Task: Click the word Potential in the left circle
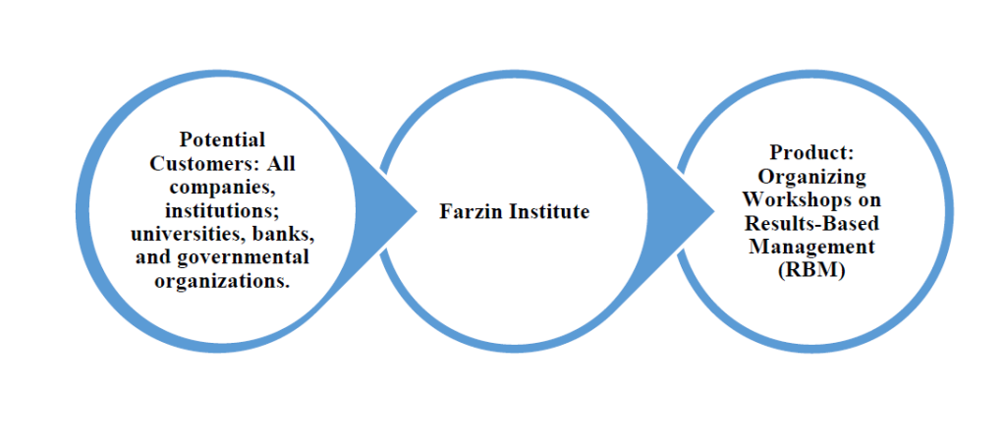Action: tap(222, 140)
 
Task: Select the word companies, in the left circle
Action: tap(221, 187)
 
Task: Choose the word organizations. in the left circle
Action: tap(222, 281)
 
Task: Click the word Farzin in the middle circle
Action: tap(471, 211)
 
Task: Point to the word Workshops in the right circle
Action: tap(793, 199)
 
